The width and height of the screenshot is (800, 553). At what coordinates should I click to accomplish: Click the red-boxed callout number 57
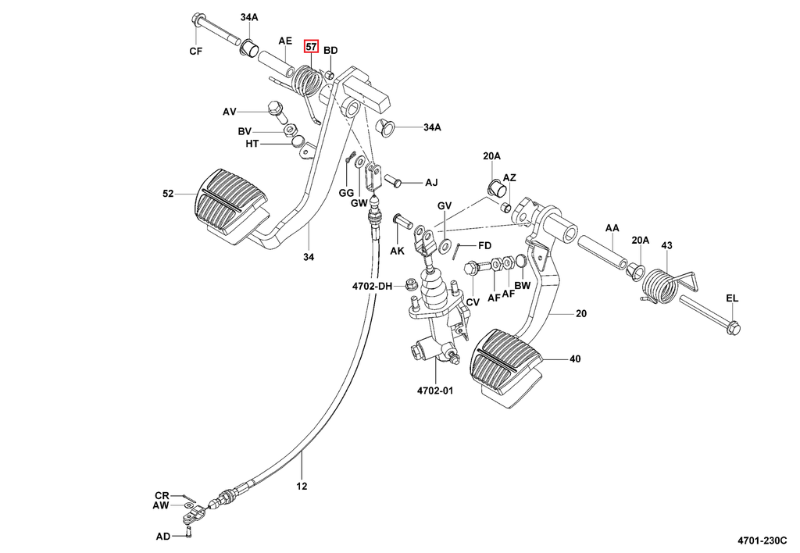[312, 47]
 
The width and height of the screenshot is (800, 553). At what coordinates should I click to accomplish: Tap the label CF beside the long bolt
[196, 52]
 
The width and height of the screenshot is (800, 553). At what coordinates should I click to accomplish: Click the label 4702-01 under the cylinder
[434, 391]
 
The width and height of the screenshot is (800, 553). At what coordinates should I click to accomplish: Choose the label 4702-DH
[371, 287]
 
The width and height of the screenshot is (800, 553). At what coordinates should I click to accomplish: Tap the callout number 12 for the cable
[302, 486]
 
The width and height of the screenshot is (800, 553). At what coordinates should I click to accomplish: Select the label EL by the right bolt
[731, 298]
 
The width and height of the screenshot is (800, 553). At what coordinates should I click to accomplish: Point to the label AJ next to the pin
[431, 183]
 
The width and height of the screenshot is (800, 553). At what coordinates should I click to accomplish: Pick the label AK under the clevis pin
[397, 251]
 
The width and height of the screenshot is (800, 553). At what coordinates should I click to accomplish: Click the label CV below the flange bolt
[473, 301]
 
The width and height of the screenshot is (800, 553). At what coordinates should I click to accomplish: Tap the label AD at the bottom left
[162, 536]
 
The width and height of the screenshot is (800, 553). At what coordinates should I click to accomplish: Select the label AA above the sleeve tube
[612, 228]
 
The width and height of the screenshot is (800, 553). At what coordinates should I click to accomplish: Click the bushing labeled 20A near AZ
[495, 187]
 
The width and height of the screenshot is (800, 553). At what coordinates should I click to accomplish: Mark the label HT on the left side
[252, 144]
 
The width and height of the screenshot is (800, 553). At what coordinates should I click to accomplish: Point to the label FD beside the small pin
[484, 245]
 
